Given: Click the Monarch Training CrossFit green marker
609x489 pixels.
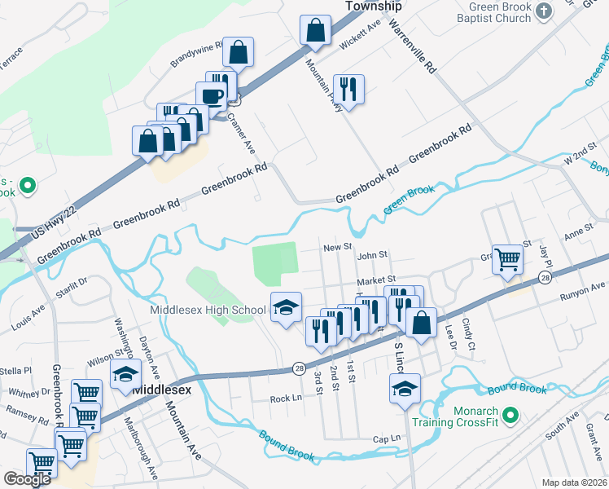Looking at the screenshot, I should [510, 416].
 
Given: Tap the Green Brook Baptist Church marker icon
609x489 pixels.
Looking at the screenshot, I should [545, 10].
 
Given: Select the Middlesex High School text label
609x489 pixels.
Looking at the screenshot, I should [208, 310].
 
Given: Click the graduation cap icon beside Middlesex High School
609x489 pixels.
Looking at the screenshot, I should [286, 307].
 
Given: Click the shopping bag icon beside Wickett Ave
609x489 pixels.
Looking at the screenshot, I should [315, 31].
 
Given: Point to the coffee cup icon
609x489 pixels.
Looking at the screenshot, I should [212, 95].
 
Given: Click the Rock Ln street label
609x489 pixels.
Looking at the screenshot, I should [286, 399].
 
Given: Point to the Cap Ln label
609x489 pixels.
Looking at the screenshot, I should [387, 438].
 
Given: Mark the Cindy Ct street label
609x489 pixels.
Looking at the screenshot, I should [468, 335].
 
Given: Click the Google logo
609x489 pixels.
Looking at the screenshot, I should [28, 479].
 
